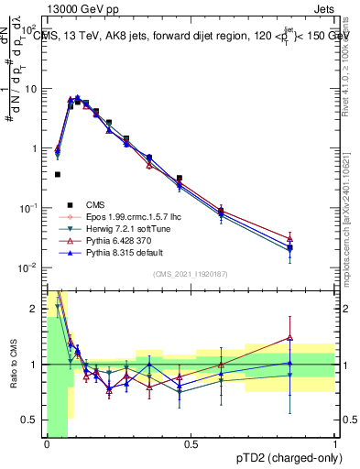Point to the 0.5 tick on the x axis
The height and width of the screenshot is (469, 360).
click(191, 444)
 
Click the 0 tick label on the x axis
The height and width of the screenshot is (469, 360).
click(47, 444)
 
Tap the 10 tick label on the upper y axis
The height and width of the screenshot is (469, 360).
click(30, 89)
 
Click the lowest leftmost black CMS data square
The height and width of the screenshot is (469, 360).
click(57, 174)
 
